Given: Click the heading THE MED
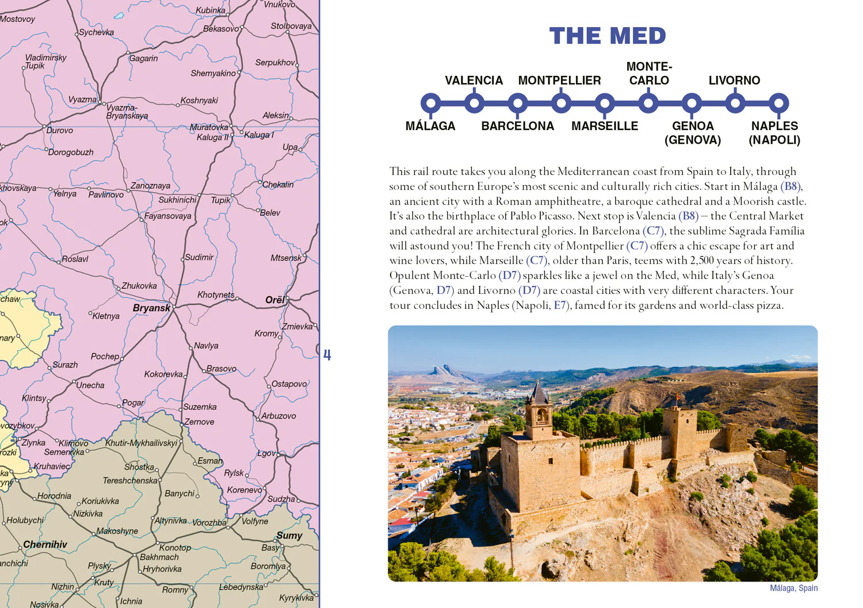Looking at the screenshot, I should pyautogui.click(x=608, y=36).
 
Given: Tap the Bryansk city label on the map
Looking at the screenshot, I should pyautogui.click(x=151, y=308).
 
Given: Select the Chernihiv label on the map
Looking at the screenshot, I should pyautogui.click(x=45, y=544).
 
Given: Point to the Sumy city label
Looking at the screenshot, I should pyautogui.click(x=289, y=536).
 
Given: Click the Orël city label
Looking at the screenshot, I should pyautogui.click(x=274, y=300).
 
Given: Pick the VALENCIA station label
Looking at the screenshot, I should pyautogui.click(x=473, y=81).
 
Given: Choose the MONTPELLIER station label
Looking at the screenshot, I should pyautogui.click(x=559, y=81).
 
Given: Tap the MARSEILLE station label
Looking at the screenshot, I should pyautogui.click(x=605, y=126).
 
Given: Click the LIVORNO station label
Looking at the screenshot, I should pyautogui.click(x=734, y=81).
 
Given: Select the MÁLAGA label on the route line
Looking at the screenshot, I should pyautogui.click(x=430, y=126).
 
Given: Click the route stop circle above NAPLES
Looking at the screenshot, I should pyautogui.click(x=778, y=104).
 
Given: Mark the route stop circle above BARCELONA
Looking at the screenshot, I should pyautogui.click(x=518, y=104).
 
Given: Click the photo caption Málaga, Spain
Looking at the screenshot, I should pyautogui.click(x=793, y=588).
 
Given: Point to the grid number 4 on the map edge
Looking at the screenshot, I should pyautogui.click(x=327, y=355).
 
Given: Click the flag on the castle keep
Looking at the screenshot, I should pyautogui.click(x=677, y=397).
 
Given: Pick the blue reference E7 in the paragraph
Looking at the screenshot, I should pyautogui.click(x=560, y=305).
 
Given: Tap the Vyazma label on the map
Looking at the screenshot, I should pyautogui.click(x=82, y=100).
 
